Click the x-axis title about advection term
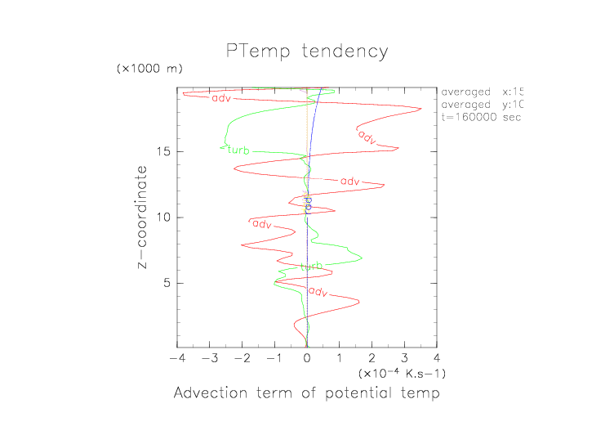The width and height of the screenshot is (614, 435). (306, 393)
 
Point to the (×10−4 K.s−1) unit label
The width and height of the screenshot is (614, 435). (402, 373)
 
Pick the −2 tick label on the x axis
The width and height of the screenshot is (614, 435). (241, 358)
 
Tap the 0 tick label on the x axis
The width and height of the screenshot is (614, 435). (307, 358)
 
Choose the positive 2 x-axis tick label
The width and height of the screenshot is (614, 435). (372, 358)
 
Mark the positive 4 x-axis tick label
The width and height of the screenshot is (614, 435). (437, 358)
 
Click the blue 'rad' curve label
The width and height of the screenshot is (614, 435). (308, 204)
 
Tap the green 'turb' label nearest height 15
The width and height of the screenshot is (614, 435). (238, 150)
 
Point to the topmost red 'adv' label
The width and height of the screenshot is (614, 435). (220, 99)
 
